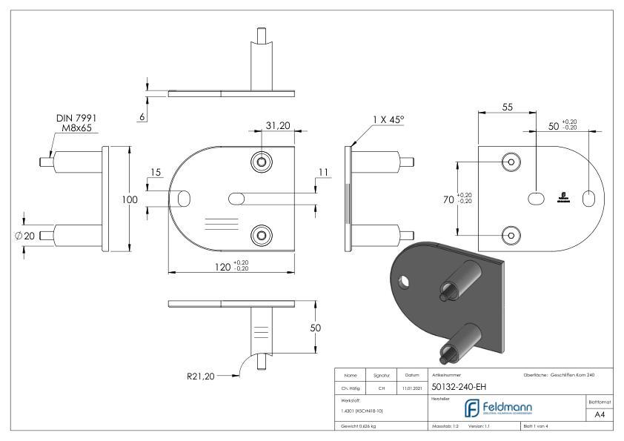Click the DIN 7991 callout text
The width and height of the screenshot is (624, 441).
(x=76, y=118)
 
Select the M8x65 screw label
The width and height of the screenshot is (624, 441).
(x=76, y=128)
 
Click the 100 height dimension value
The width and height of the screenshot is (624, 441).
(x=130, y=199)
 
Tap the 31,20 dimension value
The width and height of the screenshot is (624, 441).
(x=277, y=126)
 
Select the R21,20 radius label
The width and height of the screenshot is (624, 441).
(x=200, y=377)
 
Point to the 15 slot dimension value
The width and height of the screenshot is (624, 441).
(x=156, y=173)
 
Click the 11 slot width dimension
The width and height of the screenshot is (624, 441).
(x=321, y=173)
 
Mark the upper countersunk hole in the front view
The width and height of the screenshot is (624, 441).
(x=261, y=162)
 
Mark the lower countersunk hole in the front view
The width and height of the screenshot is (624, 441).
(x=261, y=235)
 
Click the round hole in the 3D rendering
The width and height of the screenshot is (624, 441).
(x=403, y=282)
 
